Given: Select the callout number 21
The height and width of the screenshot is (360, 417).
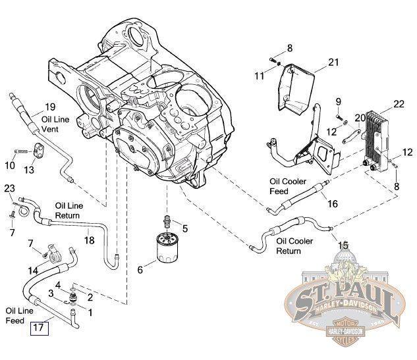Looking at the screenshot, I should pyautogui.click(x=333, y=63).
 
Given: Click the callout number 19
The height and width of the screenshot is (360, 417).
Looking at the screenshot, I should pyautogui.click(x=50, y=107).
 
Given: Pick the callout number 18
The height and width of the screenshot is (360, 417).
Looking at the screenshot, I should pyautogui.click(x=89, y=240).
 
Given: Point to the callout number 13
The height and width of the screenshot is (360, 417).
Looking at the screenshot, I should pyautogui.click(x=28, y=170).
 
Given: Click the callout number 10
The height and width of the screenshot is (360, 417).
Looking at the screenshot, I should pyautogui.click(x=11, y=164).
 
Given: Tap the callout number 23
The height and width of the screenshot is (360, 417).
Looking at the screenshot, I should pyautogui.click(x=9, y=189).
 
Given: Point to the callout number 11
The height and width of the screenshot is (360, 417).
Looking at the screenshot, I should pyautogui.click(x=261, y=76).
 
